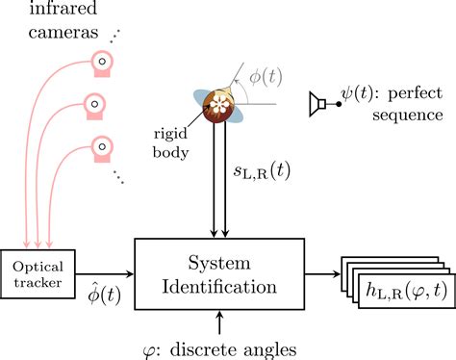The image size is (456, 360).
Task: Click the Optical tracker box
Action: [x=38, y=263]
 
